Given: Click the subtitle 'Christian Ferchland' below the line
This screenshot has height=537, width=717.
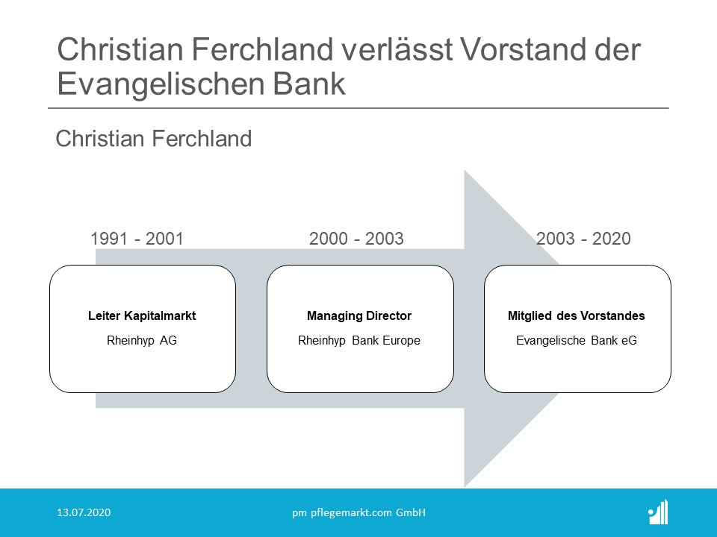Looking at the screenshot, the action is pos(154,139).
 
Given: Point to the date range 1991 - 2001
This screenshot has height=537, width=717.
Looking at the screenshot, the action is pos(137,239).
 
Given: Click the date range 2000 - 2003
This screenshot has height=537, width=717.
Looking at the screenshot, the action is pos(357,239).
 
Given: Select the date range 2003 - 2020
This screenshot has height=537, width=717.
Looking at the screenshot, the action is pos(583,239).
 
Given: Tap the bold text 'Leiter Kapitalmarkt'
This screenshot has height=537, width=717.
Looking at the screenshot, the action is pos(142,315).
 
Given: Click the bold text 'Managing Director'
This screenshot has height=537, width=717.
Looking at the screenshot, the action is pos(359,315).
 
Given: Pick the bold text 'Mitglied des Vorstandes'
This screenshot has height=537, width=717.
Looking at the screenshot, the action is pos(577,315).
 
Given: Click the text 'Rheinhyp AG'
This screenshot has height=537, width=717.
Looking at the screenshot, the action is pos(142,340).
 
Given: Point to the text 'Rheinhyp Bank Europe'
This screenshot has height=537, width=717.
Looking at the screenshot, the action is pos(359,340).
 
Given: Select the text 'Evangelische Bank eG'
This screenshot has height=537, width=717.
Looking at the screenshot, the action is pos(577,340).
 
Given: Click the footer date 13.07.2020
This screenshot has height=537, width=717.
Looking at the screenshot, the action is pos(84,512).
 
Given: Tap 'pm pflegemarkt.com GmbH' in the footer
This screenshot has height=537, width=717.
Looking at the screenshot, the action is pos(359,513).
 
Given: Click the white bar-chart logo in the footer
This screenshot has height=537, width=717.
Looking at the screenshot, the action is pos(659,512).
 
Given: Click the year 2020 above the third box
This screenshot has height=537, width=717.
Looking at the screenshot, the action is pos(612,239).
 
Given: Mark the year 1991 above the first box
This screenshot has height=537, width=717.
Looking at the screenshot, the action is pos(109,239).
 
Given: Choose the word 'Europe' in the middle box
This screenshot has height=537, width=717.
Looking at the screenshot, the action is pos(402,341).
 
